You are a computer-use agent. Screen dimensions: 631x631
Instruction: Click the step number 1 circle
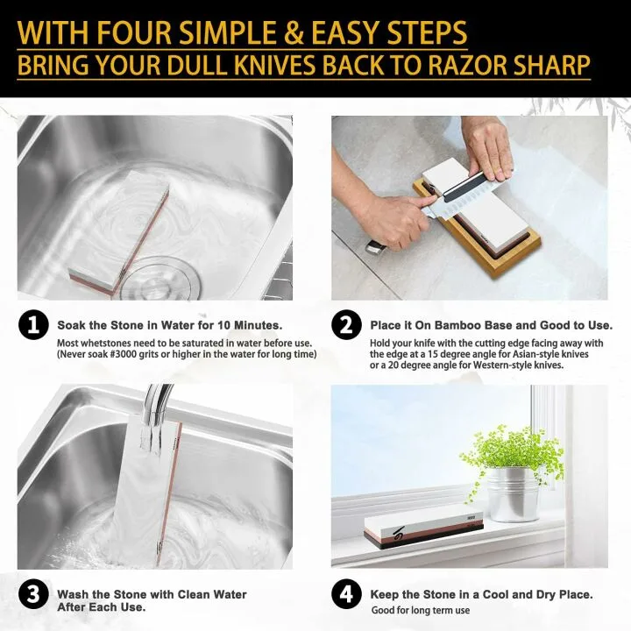click(x=32, y=326)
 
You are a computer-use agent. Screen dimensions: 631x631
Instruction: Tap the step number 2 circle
click(x=346, y=326)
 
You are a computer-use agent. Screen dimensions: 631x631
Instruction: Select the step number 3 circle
click(x=32, y=594)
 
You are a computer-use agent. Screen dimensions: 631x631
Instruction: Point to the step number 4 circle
click(x=346, y=594)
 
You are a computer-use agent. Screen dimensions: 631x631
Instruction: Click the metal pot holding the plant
click(x=512, y=495)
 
